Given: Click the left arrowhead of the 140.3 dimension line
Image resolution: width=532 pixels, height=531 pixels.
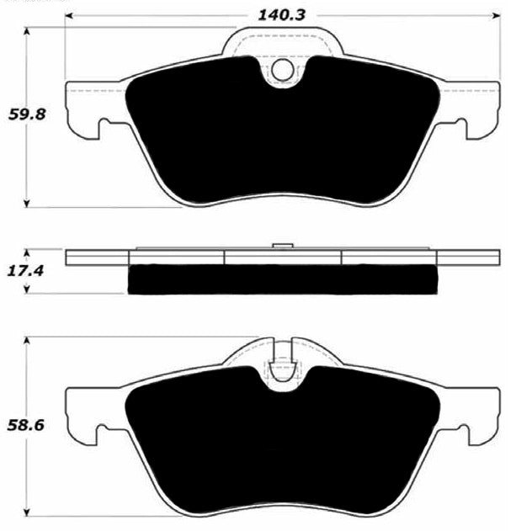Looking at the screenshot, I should [x=70, y=16].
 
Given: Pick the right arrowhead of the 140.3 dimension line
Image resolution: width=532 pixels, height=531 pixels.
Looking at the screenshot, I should [x=496, y=16].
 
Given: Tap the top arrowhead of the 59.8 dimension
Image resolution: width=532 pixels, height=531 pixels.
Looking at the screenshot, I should [x=29, y=31].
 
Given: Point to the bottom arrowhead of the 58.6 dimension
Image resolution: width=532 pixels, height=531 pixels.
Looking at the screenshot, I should [x=29, y=512].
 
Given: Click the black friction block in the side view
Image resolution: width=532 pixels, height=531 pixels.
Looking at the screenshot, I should [x=283, y=279].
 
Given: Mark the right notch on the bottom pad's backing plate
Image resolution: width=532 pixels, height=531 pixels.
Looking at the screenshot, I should [x=460, y=433].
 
